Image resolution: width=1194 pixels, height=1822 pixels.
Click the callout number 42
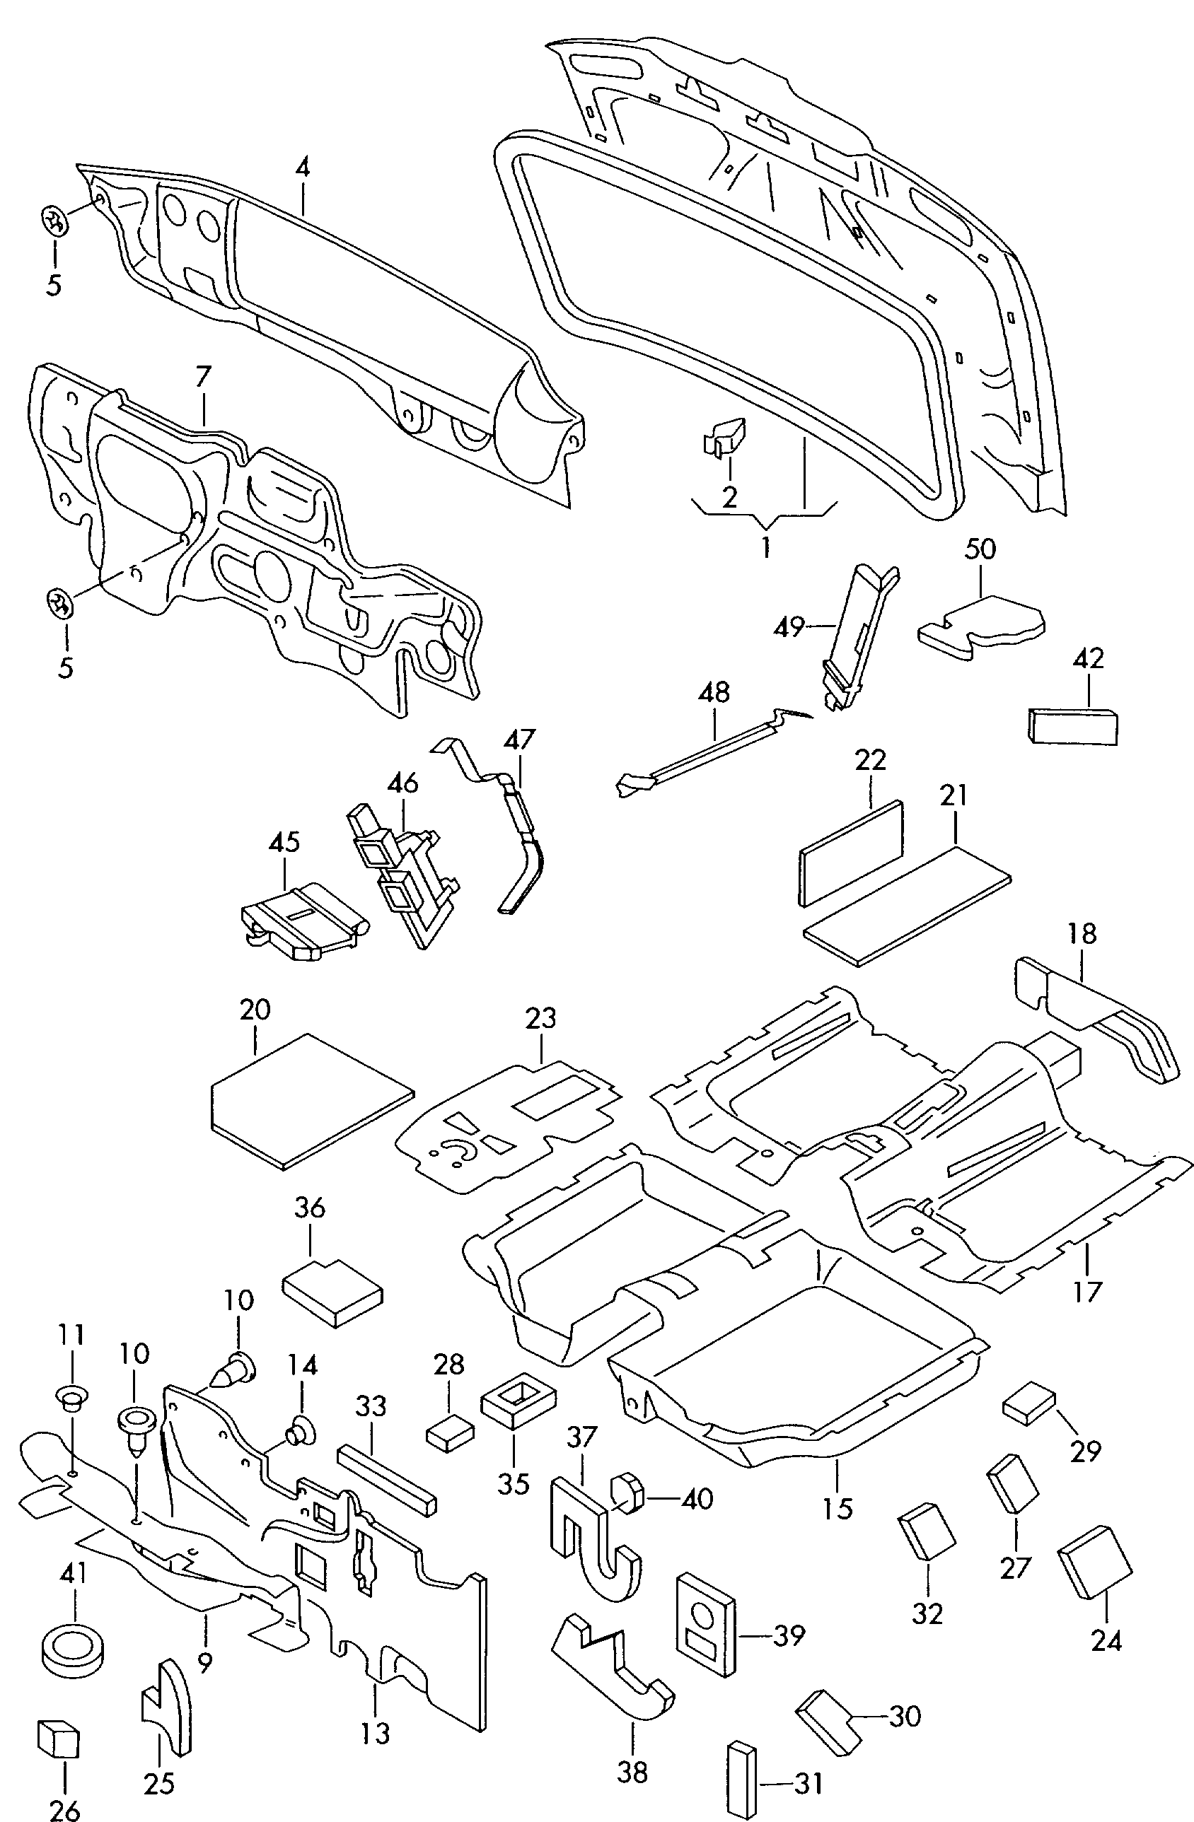[1089, 659]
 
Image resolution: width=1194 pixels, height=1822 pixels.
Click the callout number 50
[980, 549]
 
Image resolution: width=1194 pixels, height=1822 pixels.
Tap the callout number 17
[1087, 1292]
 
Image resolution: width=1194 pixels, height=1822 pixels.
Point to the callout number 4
[303, 168]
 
